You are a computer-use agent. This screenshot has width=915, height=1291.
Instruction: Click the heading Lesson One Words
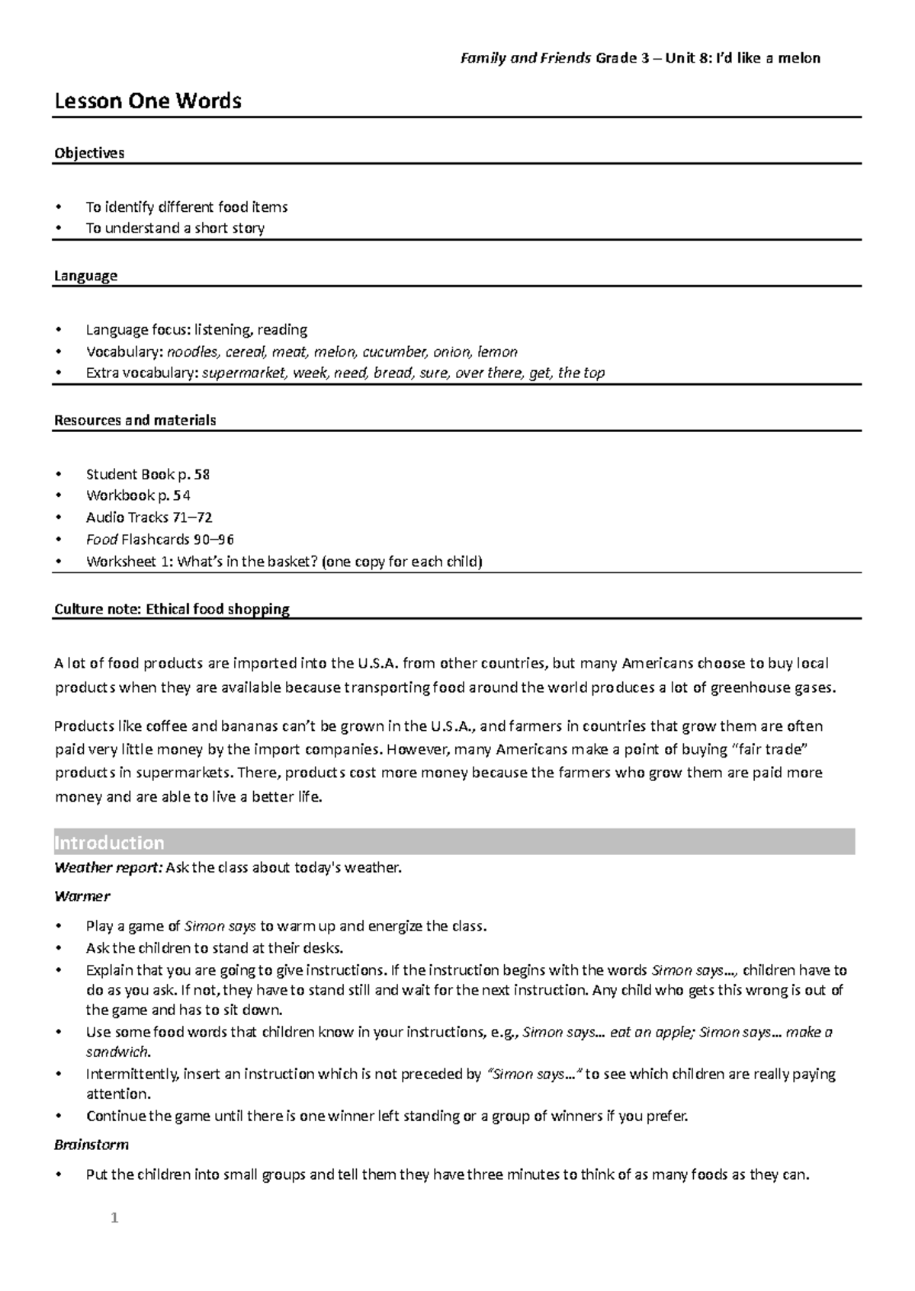(x=147, y=101)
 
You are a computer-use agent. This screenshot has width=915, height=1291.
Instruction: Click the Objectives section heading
(x=88, y=152)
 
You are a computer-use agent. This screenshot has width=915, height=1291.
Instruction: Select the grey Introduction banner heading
(x=109, y=842)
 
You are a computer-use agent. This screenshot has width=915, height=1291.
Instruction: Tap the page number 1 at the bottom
(x=114, y=1218)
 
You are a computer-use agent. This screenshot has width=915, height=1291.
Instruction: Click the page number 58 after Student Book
(x=201, y=474)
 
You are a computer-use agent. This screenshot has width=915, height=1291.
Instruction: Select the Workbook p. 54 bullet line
(x=138, y=495)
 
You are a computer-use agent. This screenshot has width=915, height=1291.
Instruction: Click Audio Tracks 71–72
(x=149, y=517)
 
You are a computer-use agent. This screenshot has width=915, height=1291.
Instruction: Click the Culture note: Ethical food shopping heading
(x=172, y=609)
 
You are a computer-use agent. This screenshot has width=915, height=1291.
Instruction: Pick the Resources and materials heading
(x=135, y=420)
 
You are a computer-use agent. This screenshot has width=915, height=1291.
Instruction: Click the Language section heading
(x=85, y=275)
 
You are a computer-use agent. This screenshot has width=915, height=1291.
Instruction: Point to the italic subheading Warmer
(x=82, y=895)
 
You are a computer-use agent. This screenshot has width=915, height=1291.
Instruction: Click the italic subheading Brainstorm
(x=91, y=1144)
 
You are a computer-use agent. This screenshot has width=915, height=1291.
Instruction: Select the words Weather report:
(x=108, y=867)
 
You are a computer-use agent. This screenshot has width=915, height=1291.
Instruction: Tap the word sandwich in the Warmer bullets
(x=117, y=1052)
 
